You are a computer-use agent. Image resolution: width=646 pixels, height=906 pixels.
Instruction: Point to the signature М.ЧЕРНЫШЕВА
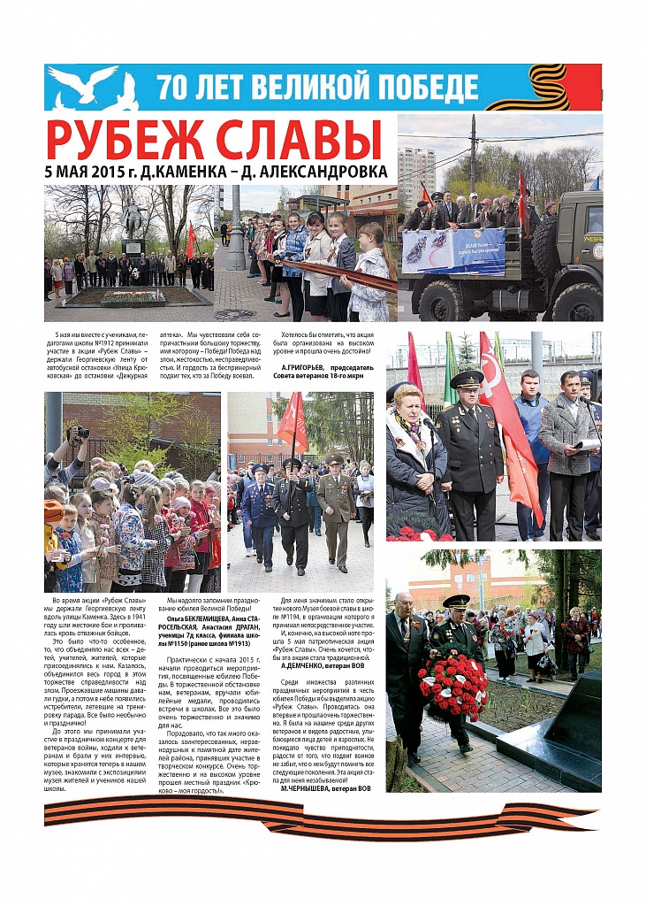click(314, 787)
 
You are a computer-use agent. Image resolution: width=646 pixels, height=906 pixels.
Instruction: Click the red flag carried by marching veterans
click(292, 423)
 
